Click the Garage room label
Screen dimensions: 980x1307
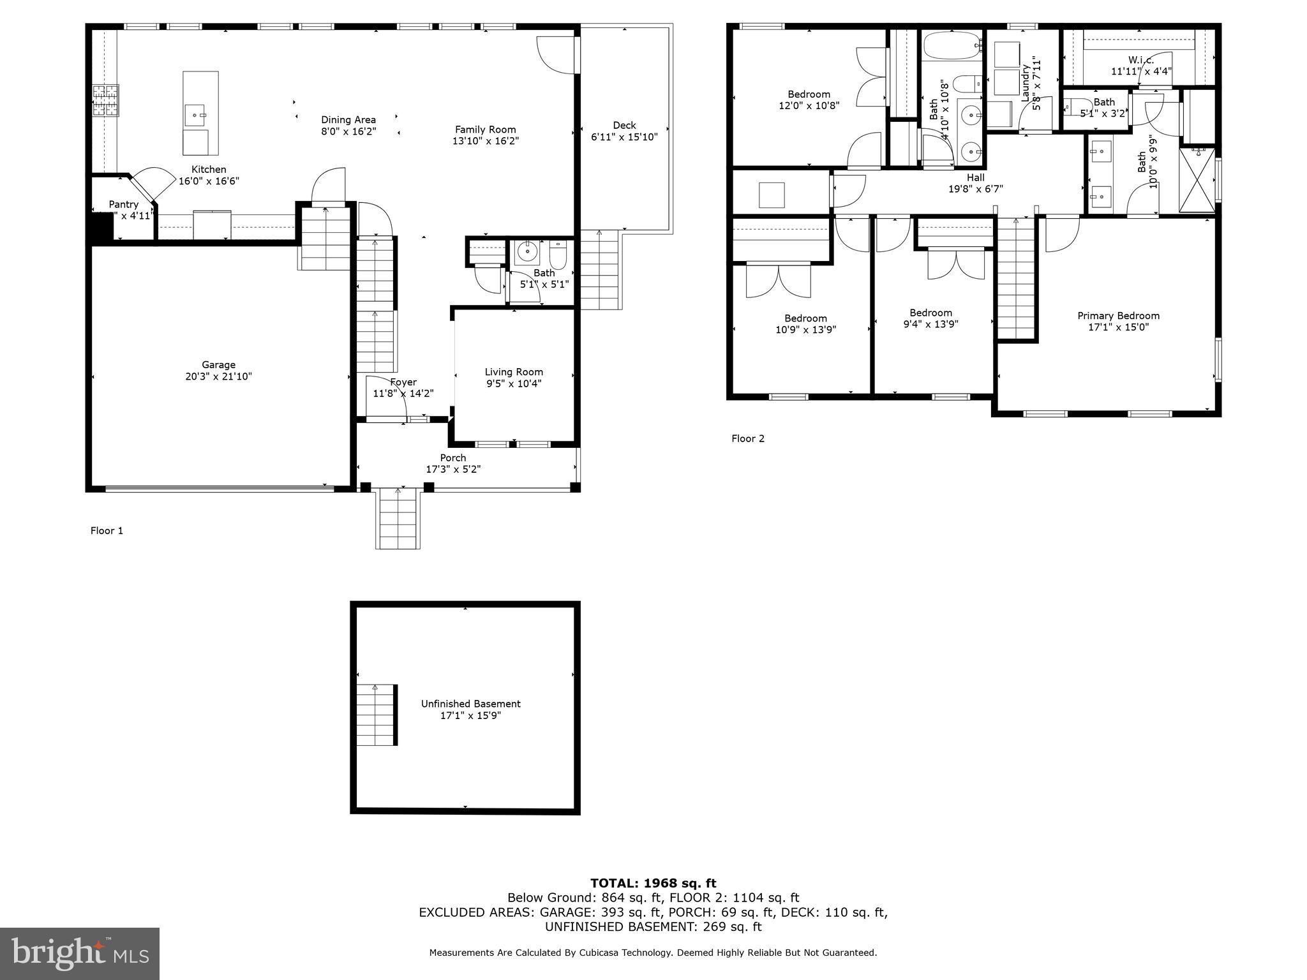(218, 365)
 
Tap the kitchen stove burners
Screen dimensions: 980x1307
(106, 101)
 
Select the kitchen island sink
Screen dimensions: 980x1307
(195, 115)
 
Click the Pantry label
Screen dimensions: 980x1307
(124, 204)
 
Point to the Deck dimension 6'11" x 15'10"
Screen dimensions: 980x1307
(624, 137)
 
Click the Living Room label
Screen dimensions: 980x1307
(514, 372)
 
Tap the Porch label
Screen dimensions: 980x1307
(453, 457)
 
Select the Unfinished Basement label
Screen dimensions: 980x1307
(470, 704)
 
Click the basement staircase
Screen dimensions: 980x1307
(375, 715)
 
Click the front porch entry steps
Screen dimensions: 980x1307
(398, 518)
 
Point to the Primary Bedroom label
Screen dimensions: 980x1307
(1118, 316)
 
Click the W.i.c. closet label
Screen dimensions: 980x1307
(1140, 61)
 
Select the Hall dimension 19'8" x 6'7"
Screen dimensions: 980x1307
(975, 189)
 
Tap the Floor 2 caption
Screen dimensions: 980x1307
(747, 438)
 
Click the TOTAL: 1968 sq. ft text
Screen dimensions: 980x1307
(653, 883)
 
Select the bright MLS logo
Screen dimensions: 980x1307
(80, 953)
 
